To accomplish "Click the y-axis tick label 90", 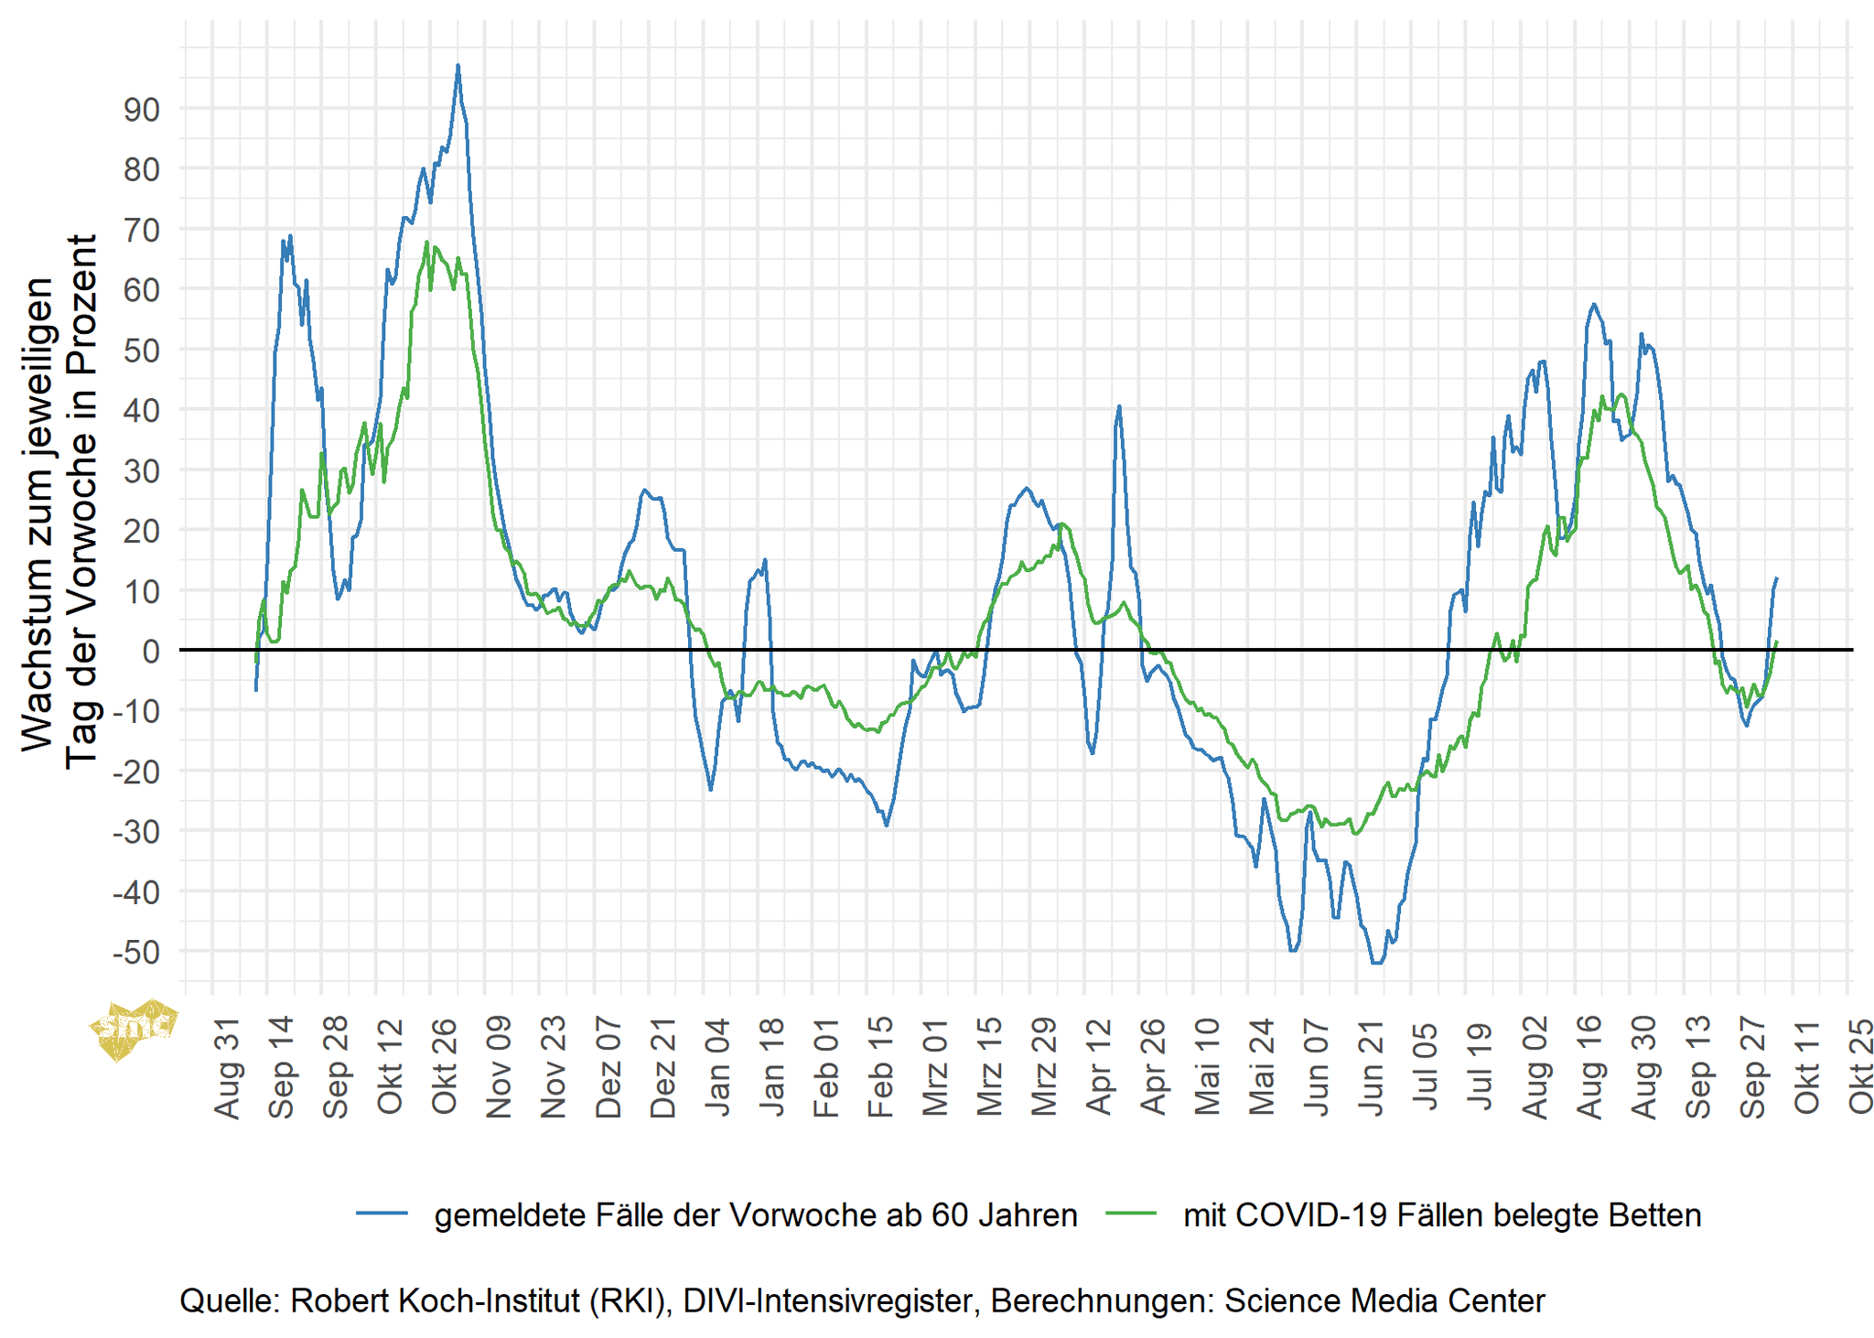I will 141,110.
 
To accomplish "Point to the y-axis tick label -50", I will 135,953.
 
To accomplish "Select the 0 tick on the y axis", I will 150,652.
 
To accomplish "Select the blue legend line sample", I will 382,1214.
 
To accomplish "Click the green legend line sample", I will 1131,1214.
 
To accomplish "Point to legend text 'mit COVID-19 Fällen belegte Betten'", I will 1442,1215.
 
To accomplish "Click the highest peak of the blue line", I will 458,66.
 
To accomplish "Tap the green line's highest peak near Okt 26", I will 426,243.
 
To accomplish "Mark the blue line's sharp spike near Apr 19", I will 1119,406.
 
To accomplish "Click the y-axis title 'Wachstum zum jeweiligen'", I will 38,514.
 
